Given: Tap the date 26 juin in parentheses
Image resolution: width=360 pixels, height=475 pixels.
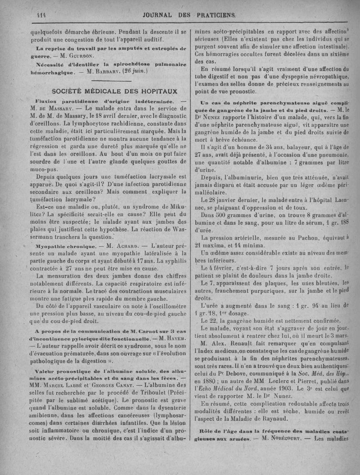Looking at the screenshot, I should click(134, 72).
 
